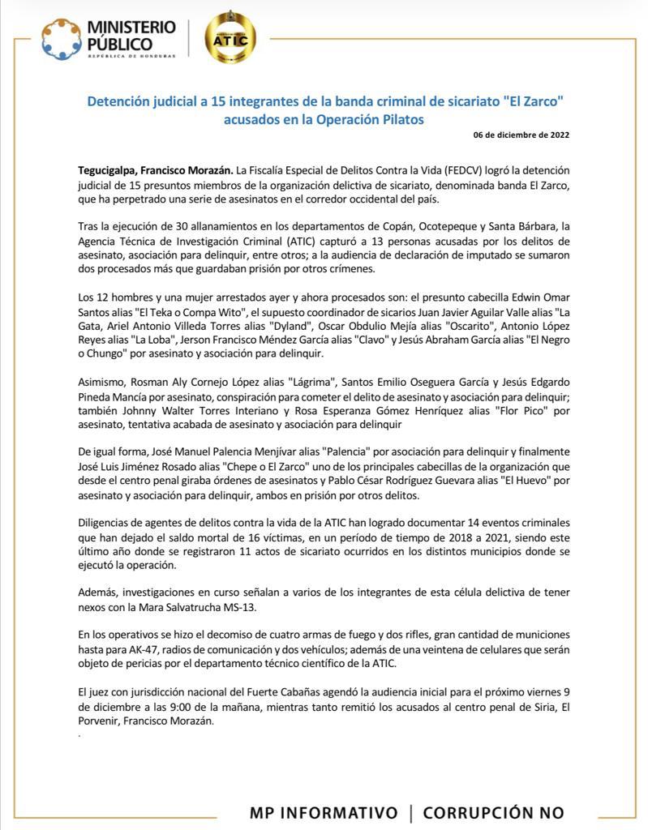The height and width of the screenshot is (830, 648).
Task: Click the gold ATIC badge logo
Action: coord(230,37)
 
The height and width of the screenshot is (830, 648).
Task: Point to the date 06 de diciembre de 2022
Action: coord(521,135)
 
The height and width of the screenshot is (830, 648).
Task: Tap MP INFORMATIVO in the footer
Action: coord(324,812)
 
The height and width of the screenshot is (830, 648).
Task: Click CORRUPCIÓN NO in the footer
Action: coord(493,812)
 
